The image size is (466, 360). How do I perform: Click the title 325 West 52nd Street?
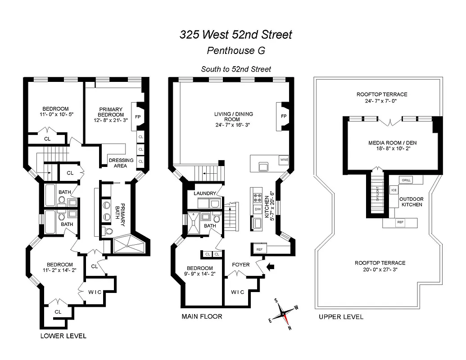(236, 35)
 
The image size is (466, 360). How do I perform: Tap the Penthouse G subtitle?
(235, 50)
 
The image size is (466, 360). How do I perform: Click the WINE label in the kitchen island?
(284, 160)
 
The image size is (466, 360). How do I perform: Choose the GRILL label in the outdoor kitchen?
(406, 180)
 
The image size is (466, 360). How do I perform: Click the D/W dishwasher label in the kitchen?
(258, 209)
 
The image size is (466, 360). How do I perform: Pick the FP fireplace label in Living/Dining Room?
(284, 116)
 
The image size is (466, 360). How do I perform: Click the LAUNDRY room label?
(205, 193)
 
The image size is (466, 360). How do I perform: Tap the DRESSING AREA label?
(121, 163)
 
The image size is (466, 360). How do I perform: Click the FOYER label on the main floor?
(240, 265)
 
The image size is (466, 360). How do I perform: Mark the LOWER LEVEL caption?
(63, 336)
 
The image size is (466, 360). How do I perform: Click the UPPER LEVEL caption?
(341, 317)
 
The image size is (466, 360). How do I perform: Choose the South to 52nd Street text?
(236, 69)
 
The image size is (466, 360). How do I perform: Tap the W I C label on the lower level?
(95, 292)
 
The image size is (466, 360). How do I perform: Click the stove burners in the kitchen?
(258, 197)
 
